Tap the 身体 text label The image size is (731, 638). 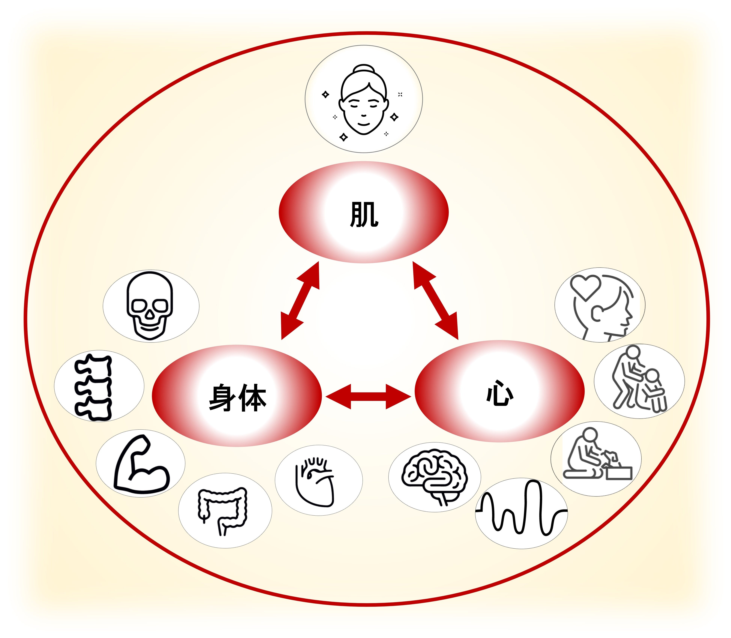[237, 398]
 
